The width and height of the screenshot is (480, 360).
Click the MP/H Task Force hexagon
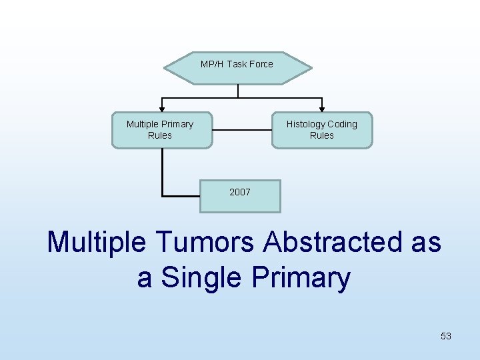[237, 68]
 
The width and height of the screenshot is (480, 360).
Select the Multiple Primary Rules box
[161, 129]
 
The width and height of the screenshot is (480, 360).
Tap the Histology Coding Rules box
[321, 129]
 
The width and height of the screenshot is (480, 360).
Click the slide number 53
[446, 336]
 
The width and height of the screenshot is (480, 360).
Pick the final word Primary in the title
[301, 277]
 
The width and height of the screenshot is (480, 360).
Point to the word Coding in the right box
[342, 124]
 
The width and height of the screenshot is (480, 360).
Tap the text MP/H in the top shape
[212, 64]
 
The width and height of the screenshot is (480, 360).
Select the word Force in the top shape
[261, 64]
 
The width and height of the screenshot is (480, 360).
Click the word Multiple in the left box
[143, 124]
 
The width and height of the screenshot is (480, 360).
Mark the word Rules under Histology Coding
[321, 135]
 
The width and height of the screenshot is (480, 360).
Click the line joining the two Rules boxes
[242, 129]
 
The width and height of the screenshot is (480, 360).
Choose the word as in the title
[426, 242]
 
